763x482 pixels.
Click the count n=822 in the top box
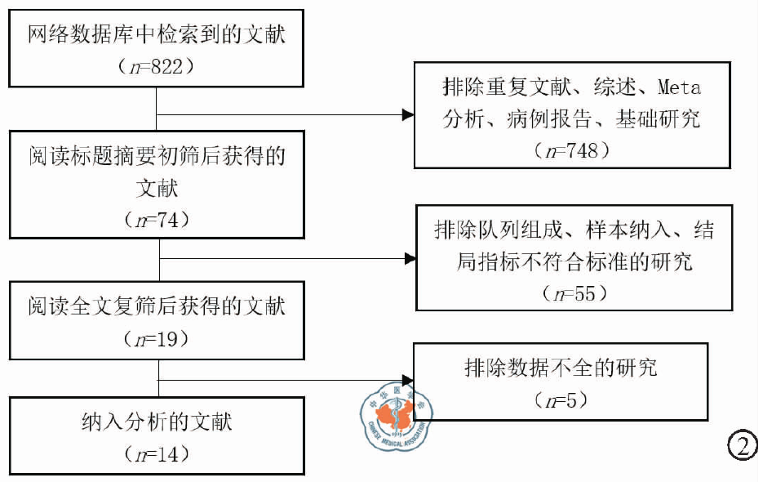tap(156, 66)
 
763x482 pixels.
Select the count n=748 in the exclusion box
tap(571, 151)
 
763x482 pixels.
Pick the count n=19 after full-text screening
tap(156, 337)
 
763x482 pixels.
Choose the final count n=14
tap(156, 453)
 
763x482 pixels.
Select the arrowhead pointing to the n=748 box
tap(409, 115)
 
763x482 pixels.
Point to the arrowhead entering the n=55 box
tap(410, 259)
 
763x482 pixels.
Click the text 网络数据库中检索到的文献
tap(156, 35)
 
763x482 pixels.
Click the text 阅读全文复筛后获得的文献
tap(156, 307)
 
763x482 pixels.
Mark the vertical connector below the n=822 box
tap(155, 106)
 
